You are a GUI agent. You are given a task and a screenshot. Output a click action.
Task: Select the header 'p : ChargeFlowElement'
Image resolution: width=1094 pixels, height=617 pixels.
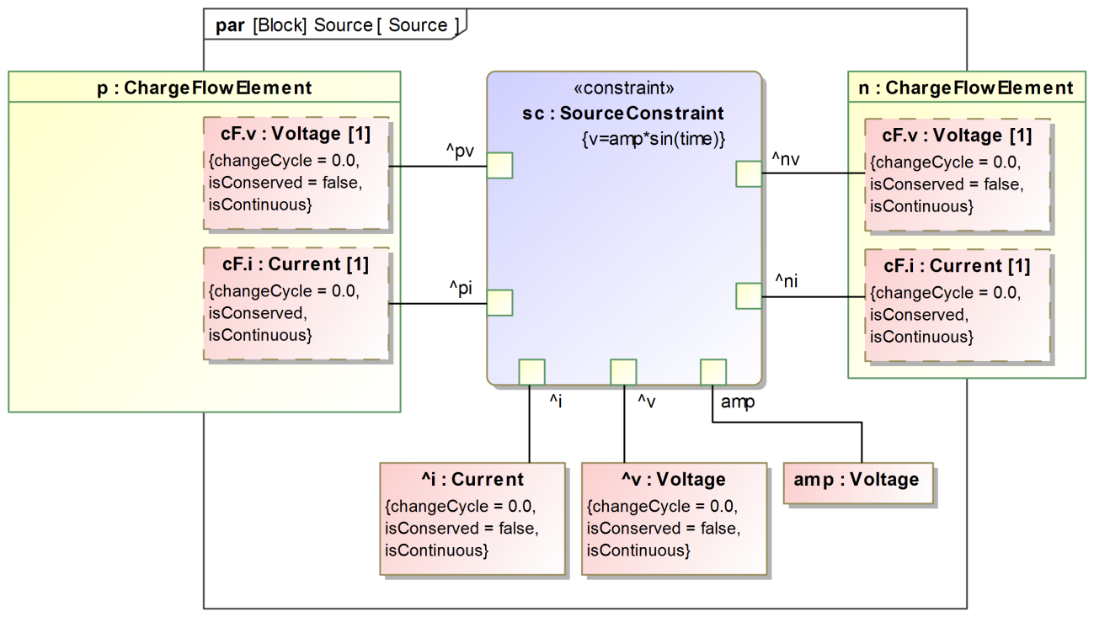click(x=205, y=88)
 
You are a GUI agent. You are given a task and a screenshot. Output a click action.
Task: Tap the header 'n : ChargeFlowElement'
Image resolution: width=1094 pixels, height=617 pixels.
click(x=967, y=88)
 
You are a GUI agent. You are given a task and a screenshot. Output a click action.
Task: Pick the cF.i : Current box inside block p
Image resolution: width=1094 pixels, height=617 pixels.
click(x=296, y=303)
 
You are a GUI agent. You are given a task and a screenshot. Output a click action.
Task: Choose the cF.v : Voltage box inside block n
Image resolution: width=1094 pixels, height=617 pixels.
click(x=958, y=175)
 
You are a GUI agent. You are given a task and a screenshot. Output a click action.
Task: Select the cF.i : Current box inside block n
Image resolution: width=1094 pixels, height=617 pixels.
click(x=958, y=305)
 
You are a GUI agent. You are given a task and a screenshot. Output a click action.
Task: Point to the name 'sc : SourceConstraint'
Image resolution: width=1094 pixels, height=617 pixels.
click(x=624, y=113)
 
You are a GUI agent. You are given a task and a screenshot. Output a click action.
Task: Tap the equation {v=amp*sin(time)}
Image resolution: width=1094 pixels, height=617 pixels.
click(x=654, y=138)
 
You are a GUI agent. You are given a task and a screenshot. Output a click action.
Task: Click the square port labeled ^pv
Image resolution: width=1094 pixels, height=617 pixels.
click(x=499, y=166)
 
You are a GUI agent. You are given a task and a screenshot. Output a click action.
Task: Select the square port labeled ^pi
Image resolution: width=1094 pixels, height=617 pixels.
click(x=499, y=303)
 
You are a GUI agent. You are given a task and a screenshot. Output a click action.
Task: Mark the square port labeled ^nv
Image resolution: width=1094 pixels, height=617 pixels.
click(x=749, y=173)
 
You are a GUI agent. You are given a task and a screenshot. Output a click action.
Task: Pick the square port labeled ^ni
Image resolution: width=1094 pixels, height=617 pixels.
click(x=749, y=296)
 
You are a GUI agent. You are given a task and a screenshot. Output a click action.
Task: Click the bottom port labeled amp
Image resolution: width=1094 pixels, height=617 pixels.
click(x=713, y=372)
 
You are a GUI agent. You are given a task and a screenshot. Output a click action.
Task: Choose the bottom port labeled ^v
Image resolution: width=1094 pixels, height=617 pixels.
click(x=623, y=372)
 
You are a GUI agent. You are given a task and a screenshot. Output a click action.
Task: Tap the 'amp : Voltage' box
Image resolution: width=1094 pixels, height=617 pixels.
click(x=857, y=481)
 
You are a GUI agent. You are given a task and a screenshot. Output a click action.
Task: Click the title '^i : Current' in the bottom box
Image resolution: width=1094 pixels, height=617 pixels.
click(x=472, y=480)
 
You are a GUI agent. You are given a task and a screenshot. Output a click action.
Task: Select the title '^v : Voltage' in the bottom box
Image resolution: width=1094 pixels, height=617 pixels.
click(x=674, y=480)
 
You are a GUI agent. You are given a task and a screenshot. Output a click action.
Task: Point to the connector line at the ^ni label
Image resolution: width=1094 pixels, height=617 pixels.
click(x=813, y=296)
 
